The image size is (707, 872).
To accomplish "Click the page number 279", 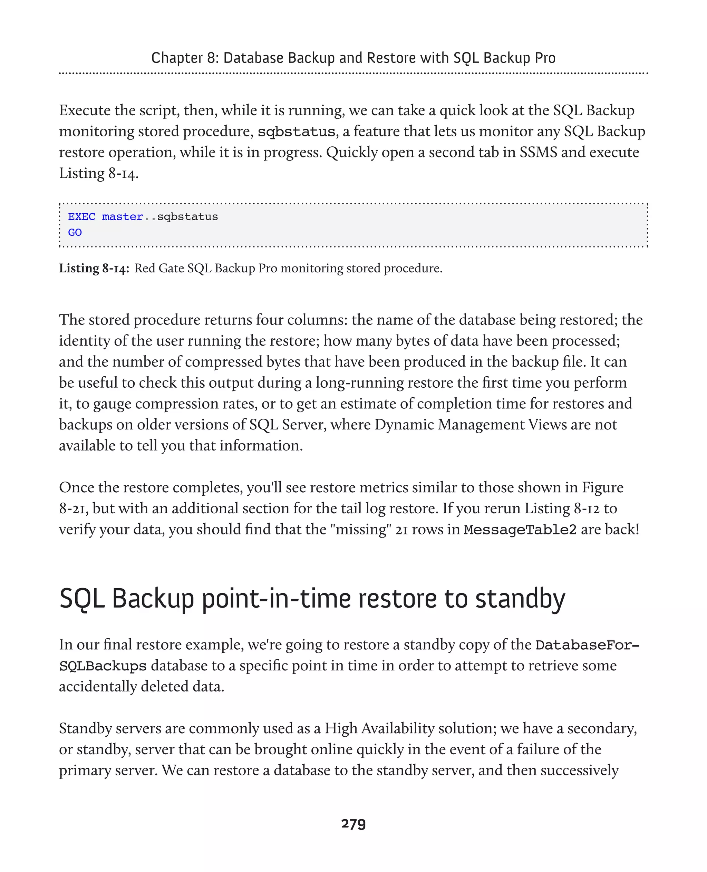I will (x=353, y=824).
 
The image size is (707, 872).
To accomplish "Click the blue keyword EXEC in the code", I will (x=81, y=217).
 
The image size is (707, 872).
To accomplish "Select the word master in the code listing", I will (x=122, y=217).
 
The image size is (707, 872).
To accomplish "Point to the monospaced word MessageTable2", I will (x=520, y=530).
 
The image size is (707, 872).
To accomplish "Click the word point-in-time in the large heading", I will (x=276, y=599).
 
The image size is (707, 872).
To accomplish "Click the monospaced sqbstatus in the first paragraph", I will (x=296, y=132).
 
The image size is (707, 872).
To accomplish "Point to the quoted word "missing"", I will (x=361, y=530).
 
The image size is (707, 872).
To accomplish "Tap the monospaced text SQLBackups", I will (x=103, y=666).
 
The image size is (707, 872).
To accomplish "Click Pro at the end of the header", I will (x=545, y=58).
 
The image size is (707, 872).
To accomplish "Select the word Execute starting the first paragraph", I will (x=84, y=110).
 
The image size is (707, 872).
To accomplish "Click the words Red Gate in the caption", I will (x=159, y=269).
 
